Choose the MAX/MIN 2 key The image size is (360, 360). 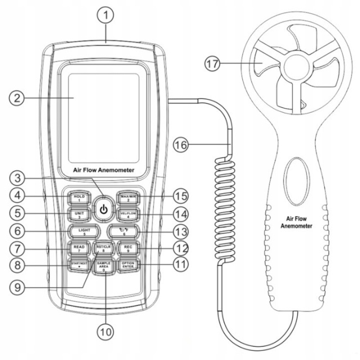127,197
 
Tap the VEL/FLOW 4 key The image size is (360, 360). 127,214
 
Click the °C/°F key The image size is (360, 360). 120,231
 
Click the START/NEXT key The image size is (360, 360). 79,263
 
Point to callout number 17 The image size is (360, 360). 213,64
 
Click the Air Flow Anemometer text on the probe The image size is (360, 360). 296,223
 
